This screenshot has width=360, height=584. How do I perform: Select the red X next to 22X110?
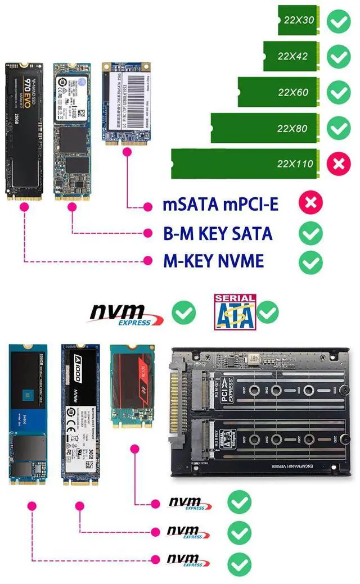tap(339, 164)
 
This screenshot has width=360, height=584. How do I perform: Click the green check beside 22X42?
tap(339, 56)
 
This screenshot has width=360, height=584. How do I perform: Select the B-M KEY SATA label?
tap(217, 233)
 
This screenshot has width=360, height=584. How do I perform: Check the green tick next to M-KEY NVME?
tap(310, 261)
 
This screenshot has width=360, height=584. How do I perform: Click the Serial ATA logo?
tap(234, 311)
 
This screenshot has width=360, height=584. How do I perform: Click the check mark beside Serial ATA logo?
tap(268, 311)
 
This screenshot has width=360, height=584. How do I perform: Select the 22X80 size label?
tap(292, 128)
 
